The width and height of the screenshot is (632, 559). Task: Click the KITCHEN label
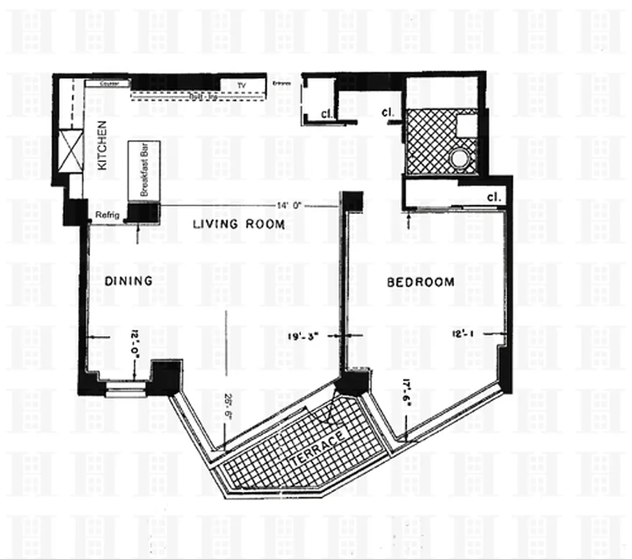tap(103, 147)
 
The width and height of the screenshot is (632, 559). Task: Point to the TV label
tap(242, 85)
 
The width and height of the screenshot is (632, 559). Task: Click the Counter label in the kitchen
tap(109, 83)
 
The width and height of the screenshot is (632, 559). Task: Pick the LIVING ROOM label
tap(239, 224)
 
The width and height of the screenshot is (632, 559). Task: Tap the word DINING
tap(128, 280)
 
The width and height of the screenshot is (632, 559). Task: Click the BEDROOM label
tap(420, 282)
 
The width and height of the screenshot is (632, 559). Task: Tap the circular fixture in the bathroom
tap(460, 158)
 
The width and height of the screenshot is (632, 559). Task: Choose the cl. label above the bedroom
tap(494, 198)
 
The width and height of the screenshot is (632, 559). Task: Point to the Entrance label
tap(282, 84)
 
